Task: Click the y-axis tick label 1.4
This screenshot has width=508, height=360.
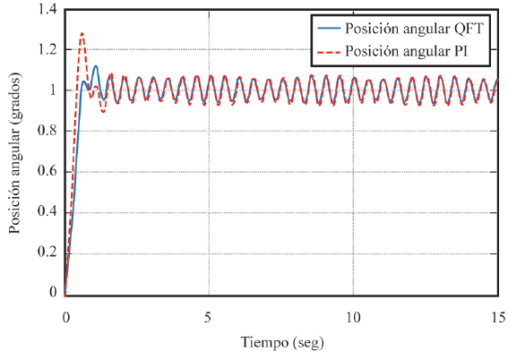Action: (x=46, y=9)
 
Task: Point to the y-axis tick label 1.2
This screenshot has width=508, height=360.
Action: (x=46, y=49)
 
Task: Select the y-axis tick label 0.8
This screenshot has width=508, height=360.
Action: (x=46, y=131)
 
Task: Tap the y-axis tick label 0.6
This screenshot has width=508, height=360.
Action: (x=46, y=170)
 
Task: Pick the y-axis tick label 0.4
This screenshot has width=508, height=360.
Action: (x=46, y=211)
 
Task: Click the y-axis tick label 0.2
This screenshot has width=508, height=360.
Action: (x=46, y=252)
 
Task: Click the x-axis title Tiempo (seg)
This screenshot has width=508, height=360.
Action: (x=281, y=343)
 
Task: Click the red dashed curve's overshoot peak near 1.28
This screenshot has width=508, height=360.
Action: (x=82, y=34)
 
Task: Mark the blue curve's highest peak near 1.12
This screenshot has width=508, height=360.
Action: (x=96, y=65)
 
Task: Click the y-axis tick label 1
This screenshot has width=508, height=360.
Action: (x=53, y=90)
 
